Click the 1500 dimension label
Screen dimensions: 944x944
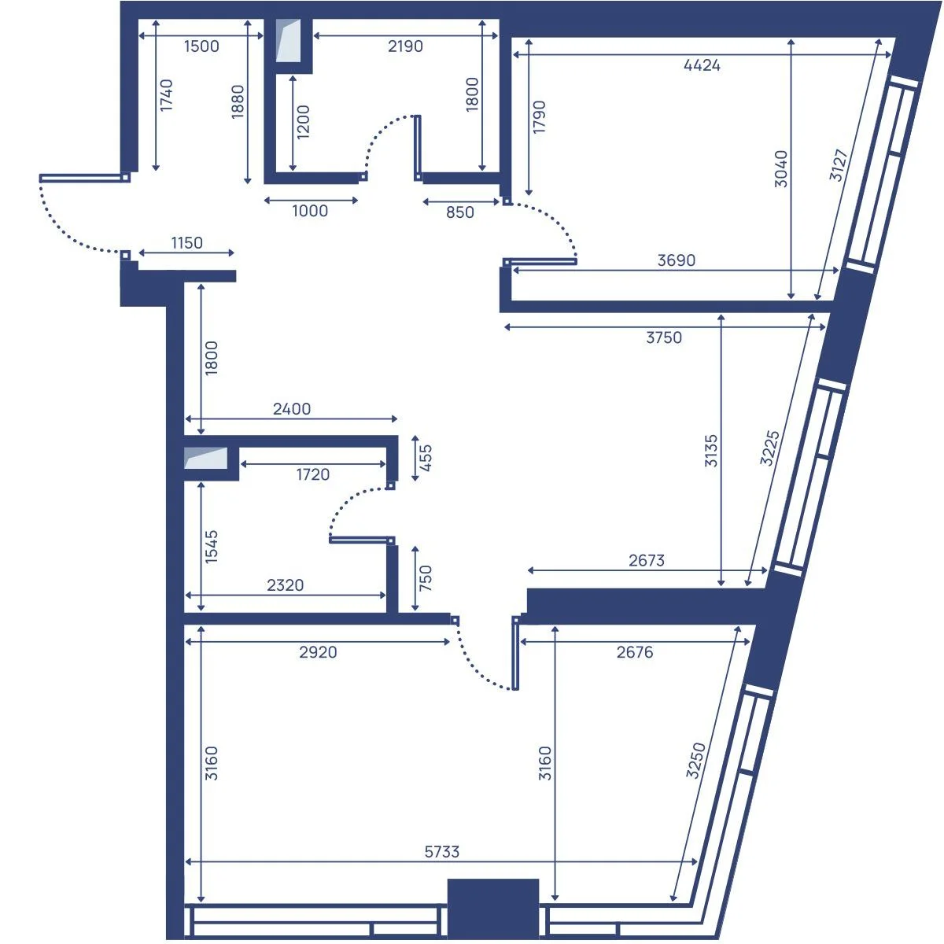point(201,46)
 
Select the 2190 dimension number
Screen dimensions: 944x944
point(405,46)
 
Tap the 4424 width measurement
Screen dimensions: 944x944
point(702,65)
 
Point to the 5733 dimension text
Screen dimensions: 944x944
point(442,852)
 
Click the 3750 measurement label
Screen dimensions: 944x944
point(664,337)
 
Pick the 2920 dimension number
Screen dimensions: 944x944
point(318,652)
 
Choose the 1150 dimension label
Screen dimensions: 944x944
point(186,242)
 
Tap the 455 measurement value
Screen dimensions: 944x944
point(426,458)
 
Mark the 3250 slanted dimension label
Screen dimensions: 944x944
point(695,760)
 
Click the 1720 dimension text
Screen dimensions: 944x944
point(312,474)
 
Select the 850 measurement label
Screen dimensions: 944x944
point(459,212)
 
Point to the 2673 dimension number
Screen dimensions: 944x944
point(647,560)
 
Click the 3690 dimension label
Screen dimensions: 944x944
point(676,260)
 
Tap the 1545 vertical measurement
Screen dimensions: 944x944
point(211,547)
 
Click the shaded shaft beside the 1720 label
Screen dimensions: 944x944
point(206,458)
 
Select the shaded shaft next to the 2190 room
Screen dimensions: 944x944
point(288,41)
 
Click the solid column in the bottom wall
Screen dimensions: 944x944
point(492,909)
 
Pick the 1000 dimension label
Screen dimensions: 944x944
point(310,211)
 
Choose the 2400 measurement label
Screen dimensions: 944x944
point(292,408)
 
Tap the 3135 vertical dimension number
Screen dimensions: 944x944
point(711,450)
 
